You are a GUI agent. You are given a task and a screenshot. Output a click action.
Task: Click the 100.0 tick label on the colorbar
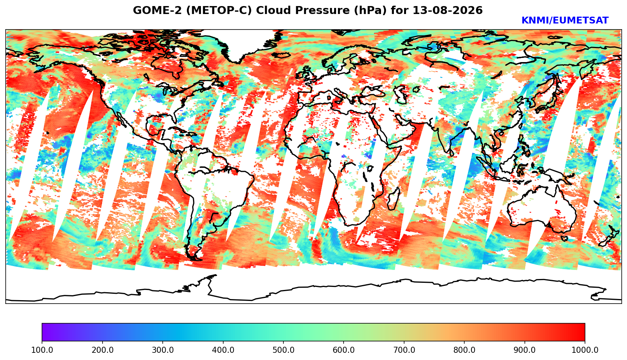[42, 350]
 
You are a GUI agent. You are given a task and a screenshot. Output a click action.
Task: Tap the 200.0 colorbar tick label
[103, 350]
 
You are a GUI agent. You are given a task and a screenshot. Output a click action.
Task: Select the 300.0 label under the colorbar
[163, 350]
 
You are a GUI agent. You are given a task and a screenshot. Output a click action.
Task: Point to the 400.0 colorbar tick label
[223, 350]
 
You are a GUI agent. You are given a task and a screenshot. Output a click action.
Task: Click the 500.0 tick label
[283, 350]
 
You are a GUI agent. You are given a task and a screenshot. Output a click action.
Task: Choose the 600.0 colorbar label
[344, 350]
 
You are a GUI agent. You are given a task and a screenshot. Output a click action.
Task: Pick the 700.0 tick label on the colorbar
[404, 350]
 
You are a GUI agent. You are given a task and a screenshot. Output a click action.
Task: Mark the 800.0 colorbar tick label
[464, 350]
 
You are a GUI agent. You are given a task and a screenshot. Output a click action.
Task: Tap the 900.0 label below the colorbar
[524, 350]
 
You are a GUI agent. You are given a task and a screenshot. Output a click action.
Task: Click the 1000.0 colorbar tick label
[585, 350]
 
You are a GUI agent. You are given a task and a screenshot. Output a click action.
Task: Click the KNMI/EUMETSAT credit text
[565, 20]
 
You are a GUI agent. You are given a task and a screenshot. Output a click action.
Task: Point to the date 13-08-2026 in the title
[448, 10]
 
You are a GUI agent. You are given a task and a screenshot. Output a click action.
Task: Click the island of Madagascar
[394, 199]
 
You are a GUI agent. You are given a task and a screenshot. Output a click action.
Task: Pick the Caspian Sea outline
[400, 94]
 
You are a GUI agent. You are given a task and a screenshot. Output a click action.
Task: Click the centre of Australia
[541, 209]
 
